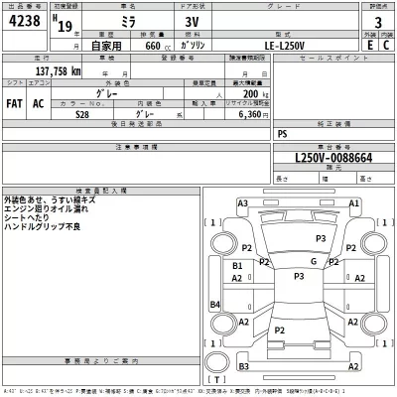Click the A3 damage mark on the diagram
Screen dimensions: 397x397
tap(242, 204)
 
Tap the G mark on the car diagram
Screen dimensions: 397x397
tap(313, 261)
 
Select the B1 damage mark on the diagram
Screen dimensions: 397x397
tap(237, 267)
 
